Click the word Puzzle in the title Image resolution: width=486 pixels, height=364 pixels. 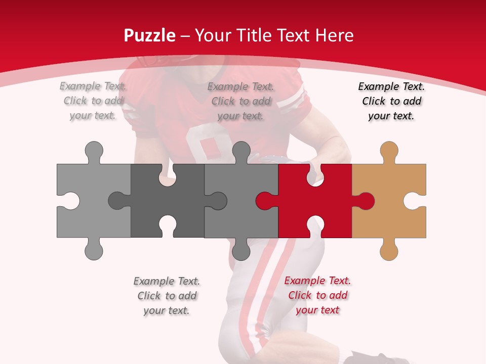click(x=150, y=35)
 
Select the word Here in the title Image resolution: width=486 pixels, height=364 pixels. click(x=334, y=35)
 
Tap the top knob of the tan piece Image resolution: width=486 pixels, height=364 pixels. click(x=389, y=151)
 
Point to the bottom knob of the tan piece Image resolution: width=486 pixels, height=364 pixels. click(x=389, y=250)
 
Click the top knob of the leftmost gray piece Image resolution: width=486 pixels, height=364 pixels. click(x=94, y=151)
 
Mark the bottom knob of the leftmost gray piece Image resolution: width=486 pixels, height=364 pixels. click(x=94, y=250)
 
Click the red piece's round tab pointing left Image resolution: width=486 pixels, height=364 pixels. click(x=264, y=201)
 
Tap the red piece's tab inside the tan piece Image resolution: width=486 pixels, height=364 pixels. click(x=366, y=201)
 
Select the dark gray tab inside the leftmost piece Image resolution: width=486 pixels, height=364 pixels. click(x=117, y=201)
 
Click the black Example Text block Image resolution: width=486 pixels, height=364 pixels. click(x=391, y=101)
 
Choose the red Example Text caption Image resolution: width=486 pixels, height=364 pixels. click(x=317, y=295)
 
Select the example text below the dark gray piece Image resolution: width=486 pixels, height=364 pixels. click(x=167, y=296)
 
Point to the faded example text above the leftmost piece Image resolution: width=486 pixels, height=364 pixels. click(x=93, y=101)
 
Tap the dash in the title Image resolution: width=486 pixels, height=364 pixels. click(x=185, y=36)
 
